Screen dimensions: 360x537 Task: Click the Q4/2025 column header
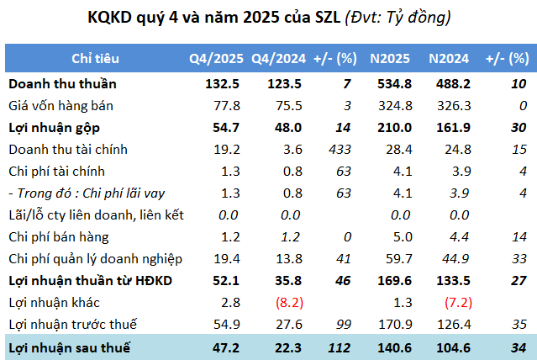tap(216, 59)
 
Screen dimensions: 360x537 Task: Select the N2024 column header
tap(448, 59)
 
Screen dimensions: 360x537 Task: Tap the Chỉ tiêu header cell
tap(95, 59)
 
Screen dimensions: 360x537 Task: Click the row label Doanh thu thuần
tap(62, 83)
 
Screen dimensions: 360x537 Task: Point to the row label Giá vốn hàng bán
tap(61, 105)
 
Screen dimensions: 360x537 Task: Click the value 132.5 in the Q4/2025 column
tap(223, 83)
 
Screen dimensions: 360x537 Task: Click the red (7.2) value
tap(449, 302)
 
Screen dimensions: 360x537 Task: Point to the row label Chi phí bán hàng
tap(61, 236)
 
